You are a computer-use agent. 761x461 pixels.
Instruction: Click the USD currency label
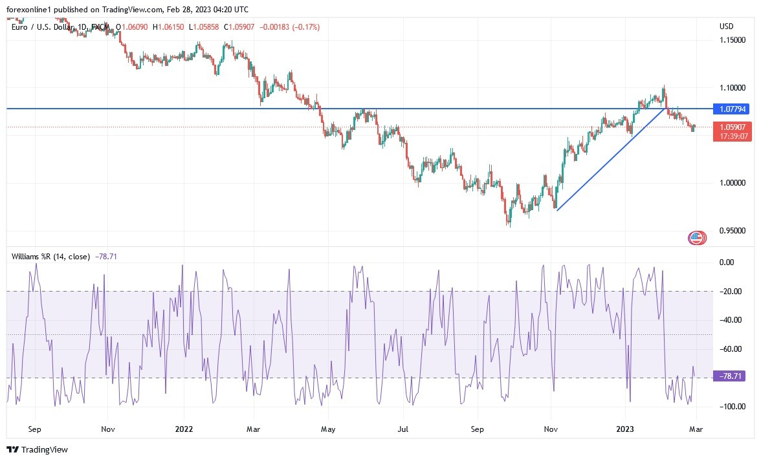point(727,27)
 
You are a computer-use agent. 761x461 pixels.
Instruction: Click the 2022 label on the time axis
point(184,429)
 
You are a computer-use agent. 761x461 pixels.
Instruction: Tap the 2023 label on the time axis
point(625,429)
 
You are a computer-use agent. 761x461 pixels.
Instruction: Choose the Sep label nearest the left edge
point(35,429)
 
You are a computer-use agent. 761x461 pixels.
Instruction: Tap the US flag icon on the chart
point(696,238)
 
